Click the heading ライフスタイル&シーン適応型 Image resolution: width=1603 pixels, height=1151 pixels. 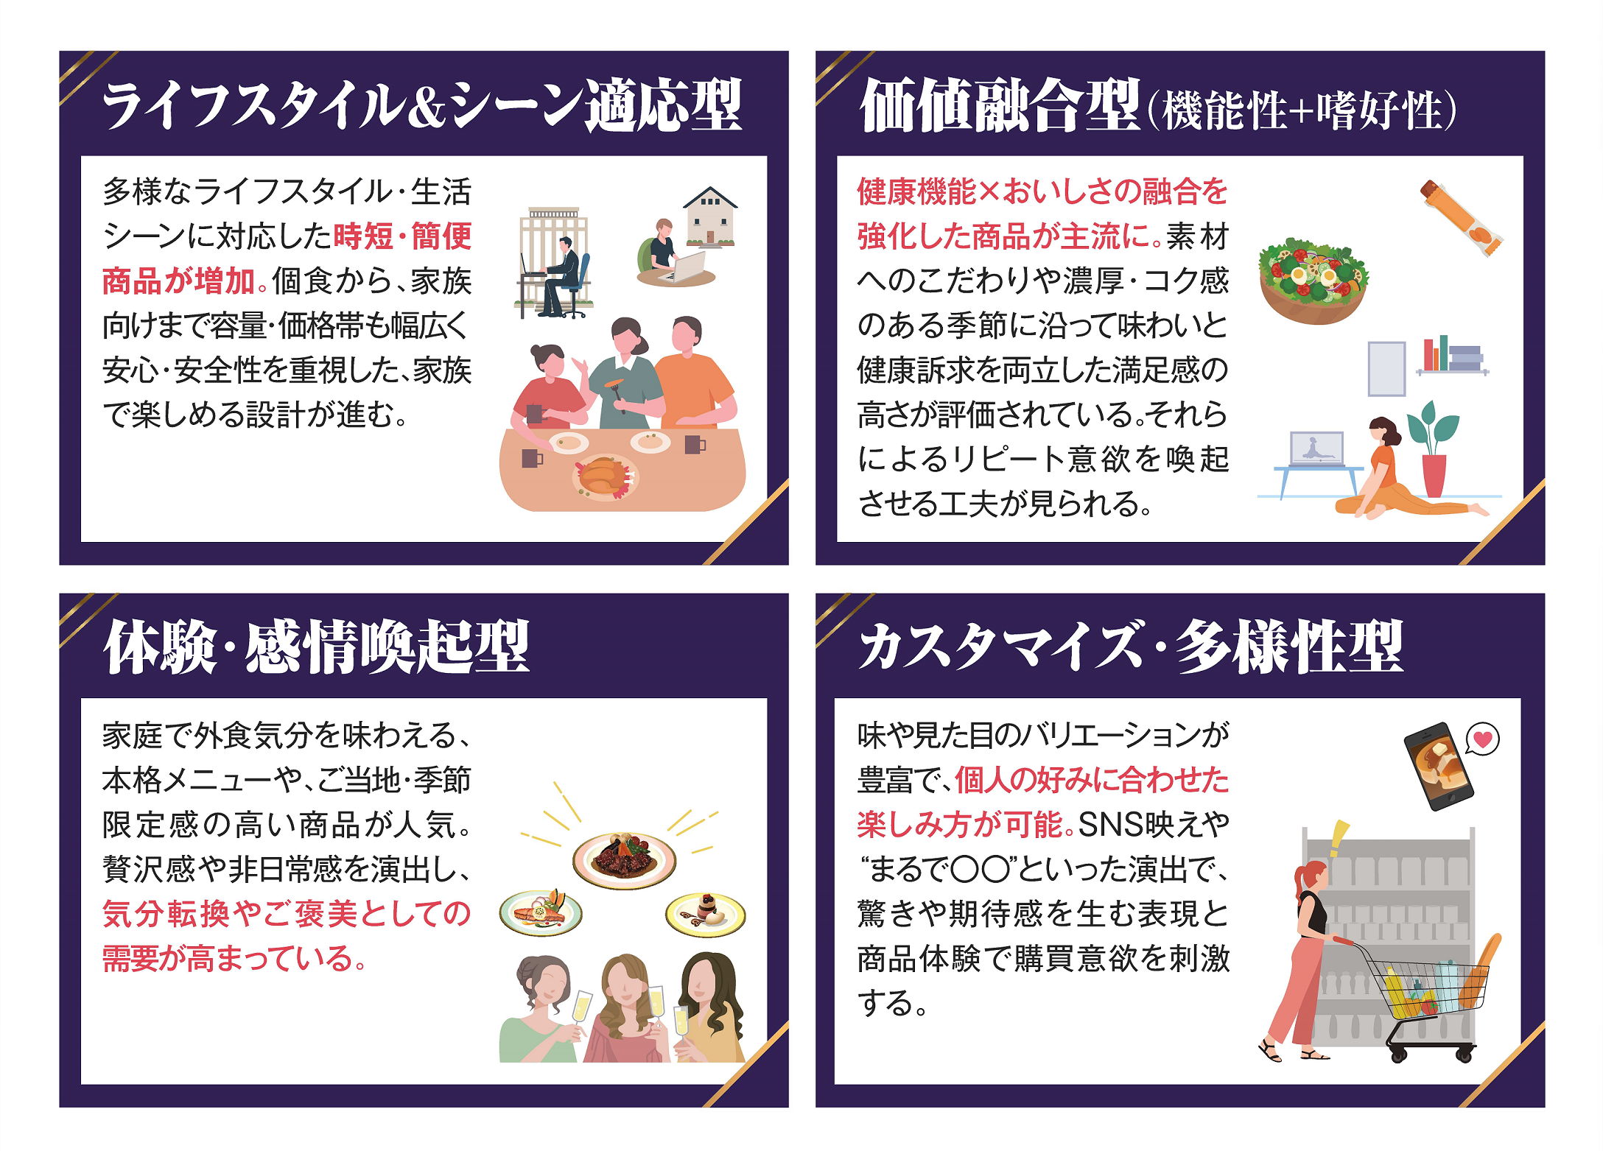click(422, 106)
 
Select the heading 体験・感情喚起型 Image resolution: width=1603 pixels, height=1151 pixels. click(317, 647)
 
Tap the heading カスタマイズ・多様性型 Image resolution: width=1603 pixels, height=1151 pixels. click(1131, 647)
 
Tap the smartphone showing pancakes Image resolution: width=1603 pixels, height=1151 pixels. click(1438, 766)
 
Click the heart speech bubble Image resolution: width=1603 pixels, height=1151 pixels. click(1482, 739)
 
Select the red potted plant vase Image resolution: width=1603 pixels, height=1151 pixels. click(1434, 475)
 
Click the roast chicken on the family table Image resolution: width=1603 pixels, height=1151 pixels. click(604, 476)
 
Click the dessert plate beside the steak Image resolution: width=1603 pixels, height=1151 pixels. click(706, 913)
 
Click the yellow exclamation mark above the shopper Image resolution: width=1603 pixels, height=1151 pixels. click(1339, 839)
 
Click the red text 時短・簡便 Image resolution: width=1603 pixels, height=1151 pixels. click(402, 236)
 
